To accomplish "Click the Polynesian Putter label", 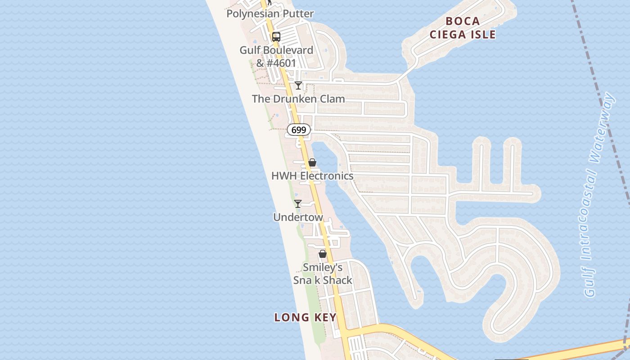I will [x=270, y=14].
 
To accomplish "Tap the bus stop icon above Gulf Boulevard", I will [x=276, y=37].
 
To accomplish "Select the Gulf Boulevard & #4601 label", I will [x=276, y=56].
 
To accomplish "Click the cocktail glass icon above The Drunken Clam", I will [x=298, y=85].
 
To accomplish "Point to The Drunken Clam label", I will [x=298, y=99].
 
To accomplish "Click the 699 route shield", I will [x=299, y=130].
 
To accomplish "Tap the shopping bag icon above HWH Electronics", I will [x=312, y=162].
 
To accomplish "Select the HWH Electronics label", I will [x=312, y=176].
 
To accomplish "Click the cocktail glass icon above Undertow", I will [x=298, y=204].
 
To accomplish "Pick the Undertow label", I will [x=298, y=217].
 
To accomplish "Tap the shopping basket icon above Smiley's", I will [x=323, y=254].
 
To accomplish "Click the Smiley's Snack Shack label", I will [x=323, y=274].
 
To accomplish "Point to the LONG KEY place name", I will [x=306, y=317].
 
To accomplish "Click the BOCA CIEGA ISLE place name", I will [x=463, y=28].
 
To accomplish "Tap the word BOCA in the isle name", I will [x=463, y=21].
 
